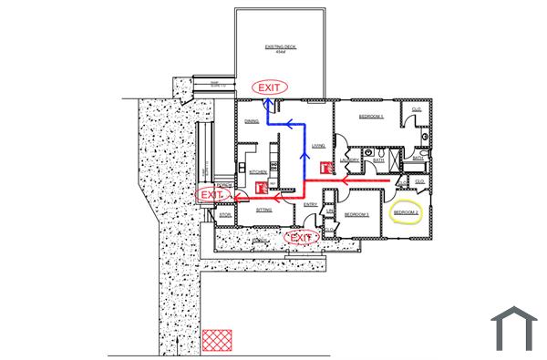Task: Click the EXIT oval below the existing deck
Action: click(x=270, y=86)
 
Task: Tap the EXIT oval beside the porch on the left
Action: click(x=212, y=195)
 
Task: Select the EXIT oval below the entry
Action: click(x=301, y=238)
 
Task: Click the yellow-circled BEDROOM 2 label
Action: click(x=406, y=212)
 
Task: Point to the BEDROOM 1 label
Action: click(x=370, y=118)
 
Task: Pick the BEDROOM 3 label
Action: click(x=356, y=215)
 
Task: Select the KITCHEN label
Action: click(x=257, y=170)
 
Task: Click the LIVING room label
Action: click(x=318, y=146)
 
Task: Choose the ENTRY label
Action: click(x=311, y=204)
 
